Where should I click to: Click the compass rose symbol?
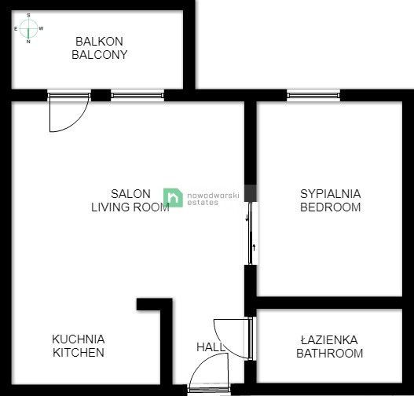[x=29, y=28]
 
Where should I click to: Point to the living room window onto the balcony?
[x=137, y=96]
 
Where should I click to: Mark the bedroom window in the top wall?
[x=313, y=96]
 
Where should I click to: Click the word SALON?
[x=126, y=193]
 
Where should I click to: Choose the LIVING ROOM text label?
[x=130, y=207]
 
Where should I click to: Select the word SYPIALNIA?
[x=330, y=193]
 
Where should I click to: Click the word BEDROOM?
[x=330, y=207]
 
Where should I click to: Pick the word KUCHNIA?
[x=79, y=339]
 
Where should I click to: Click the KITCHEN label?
[x=79, y=353]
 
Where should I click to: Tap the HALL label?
[x=210, y=346]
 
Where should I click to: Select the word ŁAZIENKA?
[x=328, y=339]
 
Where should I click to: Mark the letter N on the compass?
[x=29, y=42]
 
